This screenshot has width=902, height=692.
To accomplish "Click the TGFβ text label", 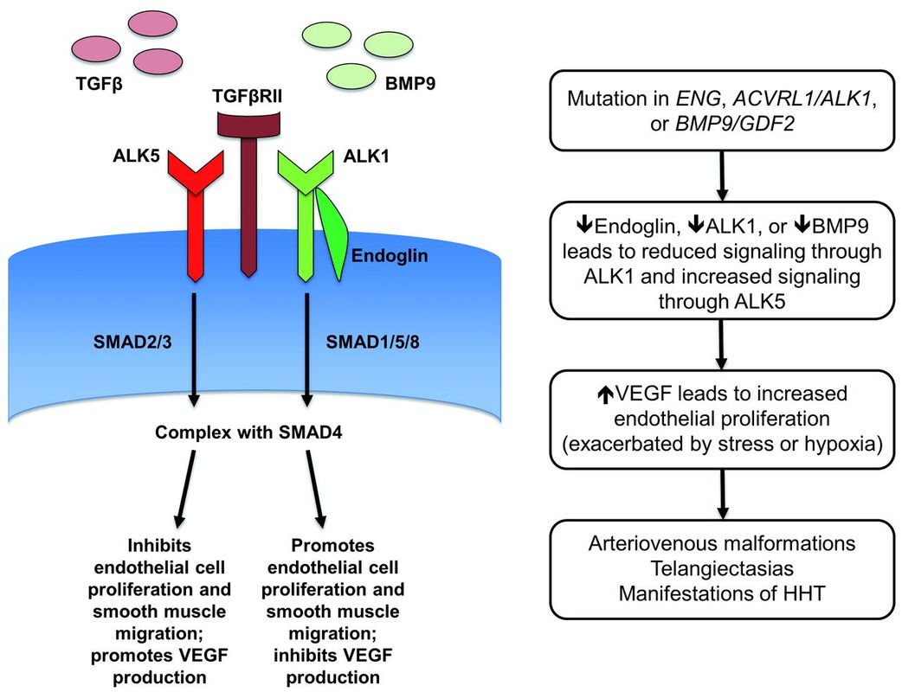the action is pyautogui.click(x=100, y=85).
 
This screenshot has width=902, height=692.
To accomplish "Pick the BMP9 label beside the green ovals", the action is pyautogui.click(x=410, y=84).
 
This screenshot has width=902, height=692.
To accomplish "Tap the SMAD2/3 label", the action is pyautogui.click(x=133, y=343).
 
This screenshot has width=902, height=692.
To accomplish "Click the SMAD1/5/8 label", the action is pyautogui.click(x=373, y=343).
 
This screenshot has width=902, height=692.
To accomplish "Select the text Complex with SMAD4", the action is pyautogui.click(x=248, y=432).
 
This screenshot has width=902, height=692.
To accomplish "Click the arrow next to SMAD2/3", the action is pyautogui.click(x=194, y=349).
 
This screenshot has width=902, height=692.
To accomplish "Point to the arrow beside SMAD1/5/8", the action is pyautogui.click(x=306, y=349).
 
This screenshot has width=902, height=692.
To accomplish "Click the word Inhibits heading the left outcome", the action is pyautogui.click(x=159, y=545).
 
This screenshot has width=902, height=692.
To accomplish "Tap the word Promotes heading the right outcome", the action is pyautogui.click(x=332, y=545).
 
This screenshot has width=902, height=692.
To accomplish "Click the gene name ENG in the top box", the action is pyautogui.click(x=697, y=99).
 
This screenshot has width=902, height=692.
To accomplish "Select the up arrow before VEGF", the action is pyautogui.click(x=605, y=394).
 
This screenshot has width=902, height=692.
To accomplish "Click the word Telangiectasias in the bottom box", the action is pyautogui.click(x=722, y=568).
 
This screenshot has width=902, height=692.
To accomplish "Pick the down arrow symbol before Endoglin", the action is pyautogui.click(x=584, y=225).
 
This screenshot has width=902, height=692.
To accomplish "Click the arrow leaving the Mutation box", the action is pyautogui.click(x=723, y=176).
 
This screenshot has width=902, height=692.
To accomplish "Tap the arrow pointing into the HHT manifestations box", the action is pyautogui.click(x=723, y=494).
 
